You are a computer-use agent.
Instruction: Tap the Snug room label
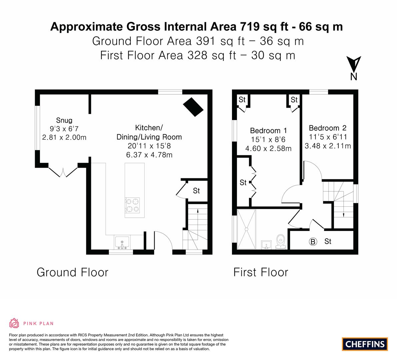click(x=64, y=120)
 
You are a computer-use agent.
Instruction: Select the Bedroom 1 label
click(x=268, y=130)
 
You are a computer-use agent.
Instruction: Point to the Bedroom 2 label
click(x=327, y=128)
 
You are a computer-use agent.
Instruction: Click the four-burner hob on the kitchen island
click(x=132, y=205)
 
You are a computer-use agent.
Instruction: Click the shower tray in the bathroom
click(x=247, y=229)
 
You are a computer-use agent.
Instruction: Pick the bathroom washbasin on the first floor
click(x=266, y=245)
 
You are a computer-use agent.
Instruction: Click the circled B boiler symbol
click(x=313, y=242)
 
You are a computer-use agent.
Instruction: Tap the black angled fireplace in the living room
click(x=193, y=107)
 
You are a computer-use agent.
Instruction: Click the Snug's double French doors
click(x=63, y=172)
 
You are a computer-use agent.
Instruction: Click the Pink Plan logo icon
click(x=14, y=323)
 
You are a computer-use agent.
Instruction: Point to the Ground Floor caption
click(x=72, y=272)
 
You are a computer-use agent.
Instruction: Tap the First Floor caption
click(x=260, y=272)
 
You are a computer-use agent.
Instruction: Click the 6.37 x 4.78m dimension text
click(x=149, y=155)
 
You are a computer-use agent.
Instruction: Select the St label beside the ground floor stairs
click(x=196, y=191)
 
